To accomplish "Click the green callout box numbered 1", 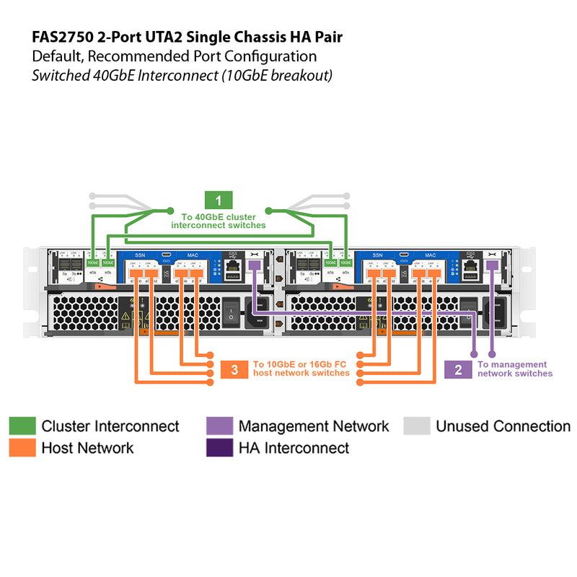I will coord(219,201).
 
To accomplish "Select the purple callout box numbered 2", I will coord(458,369).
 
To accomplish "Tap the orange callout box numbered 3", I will coord(234,369).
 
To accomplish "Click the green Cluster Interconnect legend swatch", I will coord(22,426).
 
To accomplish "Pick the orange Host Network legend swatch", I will coord(22,448).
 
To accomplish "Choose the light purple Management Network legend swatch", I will coord(219,426).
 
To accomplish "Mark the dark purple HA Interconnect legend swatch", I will coord(219,448).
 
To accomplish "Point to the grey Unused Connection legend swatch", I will coord(416,426).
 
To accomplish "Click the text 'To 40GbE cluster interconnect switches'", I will coord(219,221).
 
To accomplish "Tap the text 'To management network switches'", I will coord(515,369).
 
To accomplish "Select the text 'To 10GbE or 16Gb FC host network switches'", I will coord(301,369).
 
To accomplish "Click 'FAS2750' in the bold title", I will coord(60,37).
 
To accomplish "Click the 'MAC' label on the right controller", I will coord(192,255).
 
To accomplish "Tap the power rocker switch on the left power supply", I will coord(231,312).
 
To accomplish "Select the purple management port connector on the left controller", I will coord(254,266).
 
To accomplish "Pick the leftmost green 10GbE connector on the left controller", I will coord(92,263).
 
